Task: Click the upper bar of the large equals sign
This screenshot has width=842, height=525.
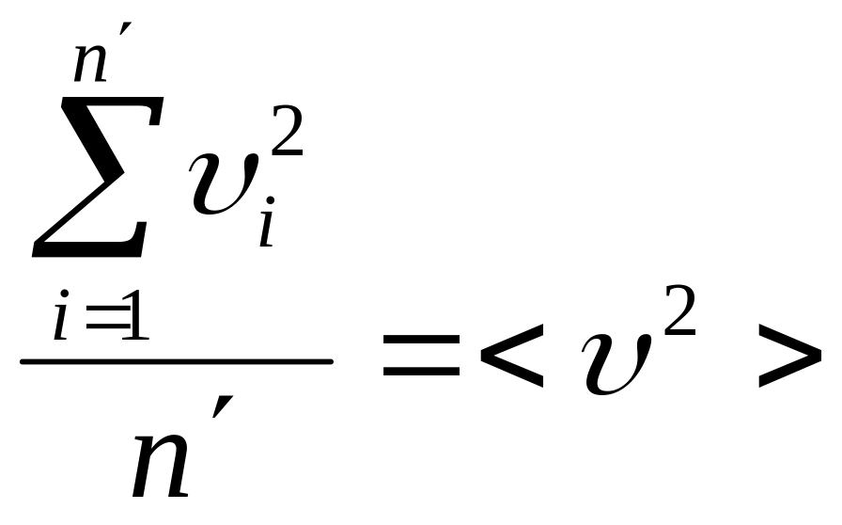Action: pyautogui.click(x=421, y=345)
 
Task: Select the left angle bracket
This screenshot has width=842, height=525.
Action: pyautogui.click(x=511, y=360)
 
